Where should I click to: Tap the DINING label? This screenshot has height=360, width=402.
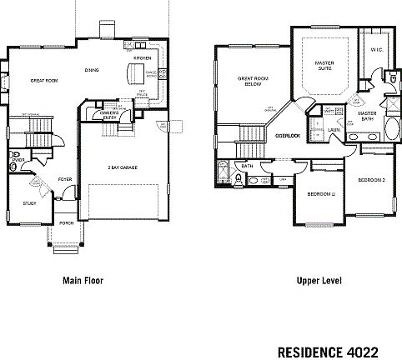92,70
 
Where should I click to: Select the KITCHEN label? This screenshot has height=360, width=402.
143,58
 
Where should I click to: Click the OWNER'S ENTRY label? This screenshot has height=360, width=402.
109,113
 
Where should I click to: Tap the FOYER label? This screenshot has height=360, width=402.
64,179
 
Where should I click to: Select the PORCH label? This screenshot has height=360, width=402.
67,224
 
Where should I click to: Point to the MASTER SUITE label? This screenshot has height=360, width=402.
324,65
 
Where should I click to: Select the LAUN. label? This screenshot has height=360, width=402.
333,130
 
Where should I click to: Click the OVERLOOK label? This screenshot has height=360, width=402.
288,134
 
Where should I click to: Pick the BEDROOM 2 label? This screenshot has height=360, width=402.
370,180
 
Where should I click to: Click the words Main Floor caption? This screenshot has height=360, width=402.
83,281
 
